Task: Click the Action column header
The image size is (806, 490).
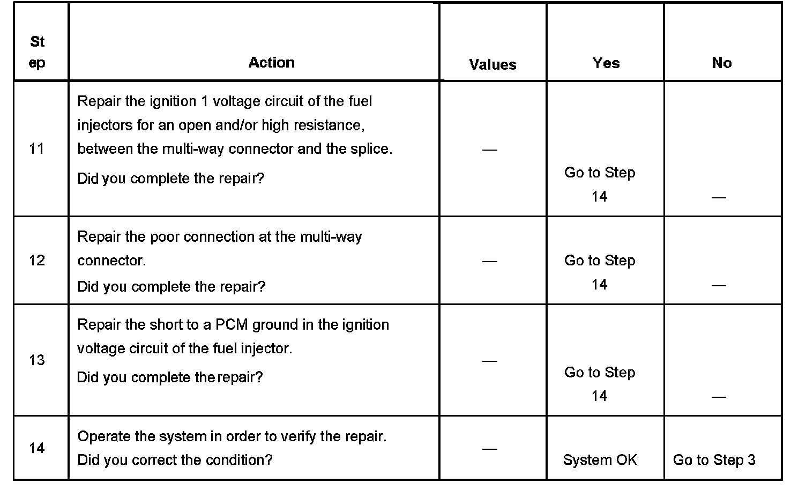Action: (271, 63)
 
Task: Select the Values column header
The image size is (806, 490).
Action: (492, 65)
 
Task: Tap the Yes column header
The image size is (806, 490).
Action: (606, 63)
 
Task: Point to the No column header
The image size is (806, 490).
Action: (721, 63)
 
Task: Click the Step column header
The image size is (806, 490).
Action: (37, 52)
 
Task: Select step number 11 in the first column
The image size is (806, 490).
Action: (36, 149)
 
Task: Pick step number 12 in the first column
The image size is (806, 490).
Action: (36, 261)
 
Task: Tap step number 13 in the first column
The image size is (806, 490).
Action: (36, 360)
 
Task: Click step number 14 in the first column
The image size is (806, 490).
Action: (36, 448)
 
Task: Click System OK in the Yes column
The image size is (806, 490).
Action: (600, 460)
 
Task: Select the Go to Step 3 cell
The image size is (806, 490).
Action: (714, 460)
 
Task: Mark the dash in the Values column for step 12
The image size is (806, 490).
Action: (489, 261)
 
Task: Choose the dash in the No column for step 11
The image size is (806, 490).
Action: (719, 198)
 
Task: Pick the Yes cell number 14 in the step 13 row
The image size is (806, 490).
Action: (599, 396)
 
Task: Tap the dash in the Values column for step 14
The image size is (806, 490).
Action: (489, 449)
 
